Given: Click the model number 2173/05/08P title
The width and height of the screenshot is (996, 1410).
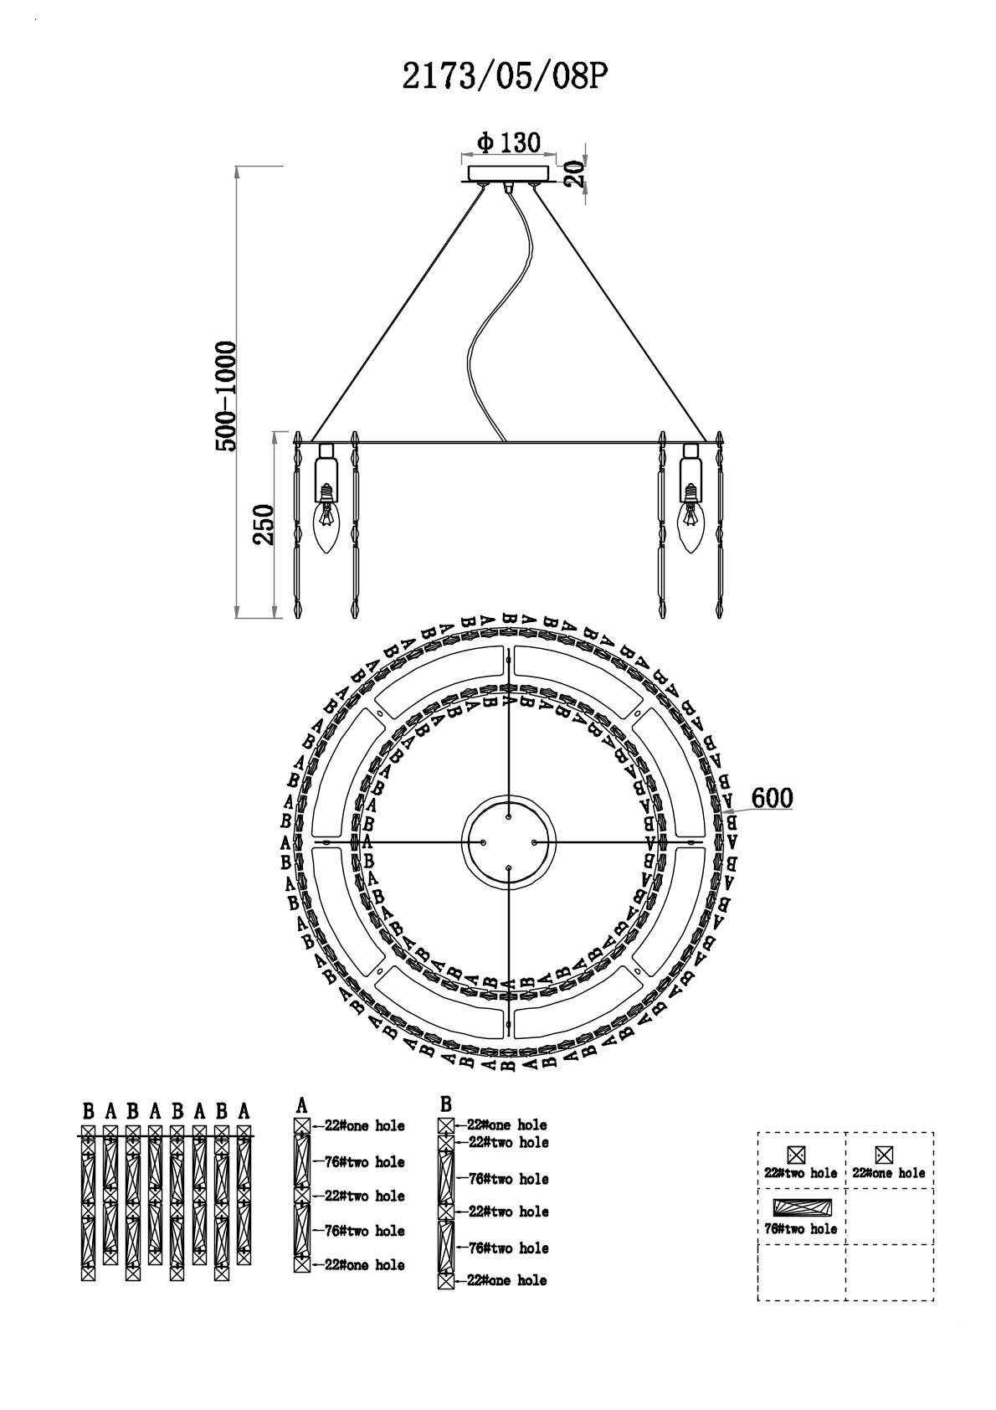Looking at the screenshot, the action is click(506, 79).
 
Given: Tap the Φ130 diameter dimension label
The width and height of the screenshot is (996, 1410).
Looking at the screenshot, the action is click(509, 142).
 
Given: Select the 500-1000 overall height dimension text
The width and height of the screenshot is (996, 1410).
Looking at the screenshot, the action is click(225, 396).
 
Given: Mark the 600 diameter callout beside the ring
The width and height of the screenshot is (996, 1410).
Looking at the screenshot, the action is click(772, 798).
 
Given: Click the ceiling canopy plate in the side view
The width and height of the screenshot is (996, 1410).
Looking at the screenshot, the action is click(509, 173).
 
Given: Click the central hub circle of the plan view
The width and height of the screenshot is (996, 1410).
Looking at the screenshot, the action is click(509, 841).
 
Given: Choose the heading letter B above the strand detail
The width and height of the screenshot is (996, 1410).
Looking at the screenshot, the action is click(446, 1104).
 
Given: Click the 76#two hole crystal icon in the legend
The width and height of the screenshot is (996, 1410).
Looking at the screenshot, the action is click(802, 1207).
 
